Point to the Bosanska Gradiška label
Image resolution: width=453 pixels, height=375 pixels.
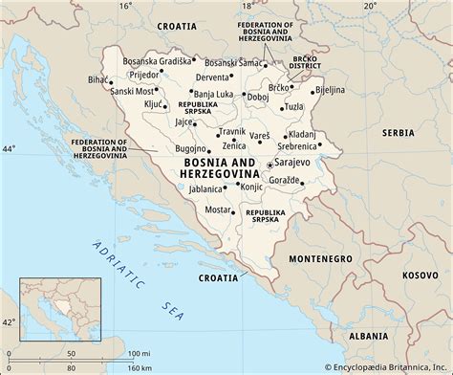pyautogui.click(x=157, y=46)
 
